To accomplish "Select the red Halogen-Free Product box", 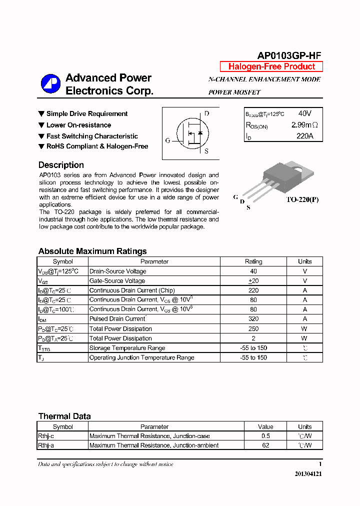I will [271, 66].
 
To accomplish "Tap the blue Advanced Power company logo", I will [50, 83].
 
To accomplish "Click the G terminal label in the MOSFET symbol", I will [168, 140].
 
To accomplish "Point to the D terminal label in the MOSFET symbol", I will [206, 113].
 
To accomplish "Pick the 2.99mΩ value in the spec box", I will [304, 124].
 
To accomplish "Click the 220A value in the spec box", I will [304, 135].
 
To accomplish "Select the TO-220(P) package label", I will [302, 199].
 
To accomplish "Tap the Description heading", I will [61, 165].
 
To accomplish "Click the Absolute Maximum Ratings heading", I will [92, 251].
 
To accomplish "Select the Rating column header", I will [253, 261].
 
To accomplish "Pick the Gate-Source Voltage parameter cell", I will [117, 281].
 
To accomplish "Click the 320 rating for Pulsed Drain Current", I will [253, 319].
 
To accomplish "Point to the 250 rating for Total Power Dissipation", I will [253, 328].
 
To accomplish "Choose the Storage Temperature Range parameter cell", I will [127, 348].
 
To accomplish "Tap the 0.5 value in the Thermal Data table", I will [265, 436].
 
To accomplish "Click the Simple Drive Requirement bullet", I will [87, 114].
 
